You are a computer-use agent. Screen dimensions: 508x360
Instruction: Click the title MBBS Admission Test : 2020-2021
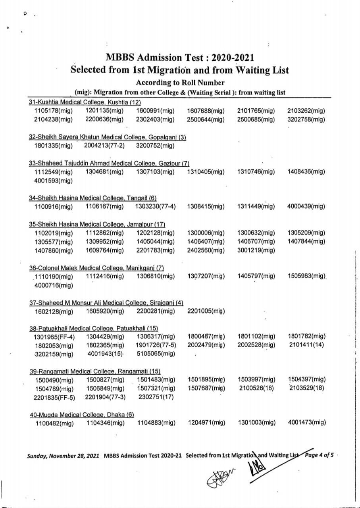[180, 58]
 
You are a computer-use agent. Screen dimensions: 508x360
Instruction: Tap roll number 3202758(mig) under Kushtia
[306, 119]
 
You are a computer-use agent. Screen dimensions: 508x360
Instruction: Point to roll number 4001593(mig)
[54, 181]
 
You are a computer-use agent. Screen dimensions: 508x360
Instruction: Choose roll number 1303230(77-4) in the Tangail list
[156, 206]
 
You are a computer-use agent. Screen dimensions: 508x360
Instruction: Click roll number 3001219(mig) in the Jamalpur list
[256, 250]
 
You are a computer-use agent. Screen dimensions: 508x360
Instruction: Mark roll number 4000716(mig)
[54, 285]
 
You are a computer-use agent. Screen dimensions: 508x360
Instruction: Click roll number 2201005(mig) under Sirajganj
[206, 311]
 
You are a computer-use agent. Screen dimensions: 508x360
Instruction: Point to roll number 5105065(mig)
[155, 354]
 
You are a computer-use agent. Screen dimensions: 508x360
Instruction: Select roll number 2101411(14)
[307, 345]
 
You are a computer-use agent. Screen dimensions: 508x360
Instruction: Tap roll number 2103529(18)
[307, 388]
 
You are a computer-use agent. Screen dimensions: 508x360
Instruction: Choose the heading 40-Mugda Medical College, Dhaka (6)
[82, 415]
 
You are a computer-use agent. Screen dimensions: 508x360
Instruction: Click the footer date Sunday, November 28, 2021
[64, 455]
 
